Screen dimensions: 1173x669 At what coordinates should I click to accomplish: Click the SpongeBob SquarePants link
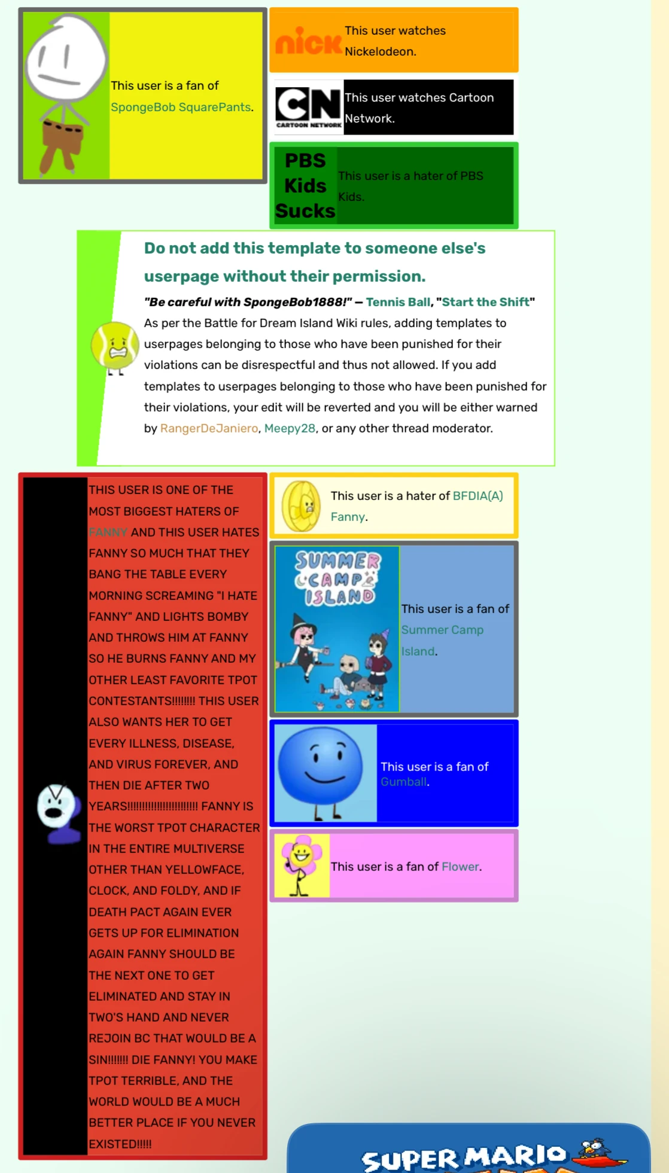181,107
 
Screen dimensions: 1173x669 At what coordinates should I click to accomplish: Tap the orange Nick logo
308,42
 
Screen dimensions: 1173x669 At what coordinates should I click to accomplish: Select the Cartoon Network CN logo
309,106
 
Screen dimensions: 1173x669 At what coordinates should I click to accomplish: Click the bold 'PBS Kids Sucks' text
305,185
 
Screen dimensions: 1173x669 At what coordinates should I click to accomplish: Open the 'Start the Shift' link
485,302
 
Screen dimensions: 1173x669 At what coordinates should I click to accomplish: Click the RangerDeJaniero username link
209,428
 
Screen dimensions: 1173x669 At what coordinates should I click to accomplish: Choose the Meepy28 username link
290,428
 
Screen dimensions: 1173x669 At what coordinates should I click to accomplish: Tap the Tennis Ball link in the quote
398,302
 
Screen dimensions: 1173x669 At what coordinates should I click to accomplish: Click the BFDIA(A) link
478,496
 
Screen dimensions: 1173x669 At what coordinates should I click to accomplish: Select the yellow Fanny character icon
302,506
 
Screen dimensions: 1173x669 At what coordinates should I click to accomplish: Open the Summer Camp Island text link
442,630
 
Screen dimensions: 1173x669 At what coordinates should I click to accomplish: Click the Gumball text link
404,782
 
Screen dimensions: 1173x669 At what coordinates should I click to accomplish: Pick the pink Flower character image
302,865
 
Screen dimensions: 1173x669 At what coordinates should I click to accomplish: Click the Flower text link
460,867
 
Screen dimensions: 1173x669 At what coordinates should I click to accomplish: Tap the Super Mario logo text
464,1157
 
